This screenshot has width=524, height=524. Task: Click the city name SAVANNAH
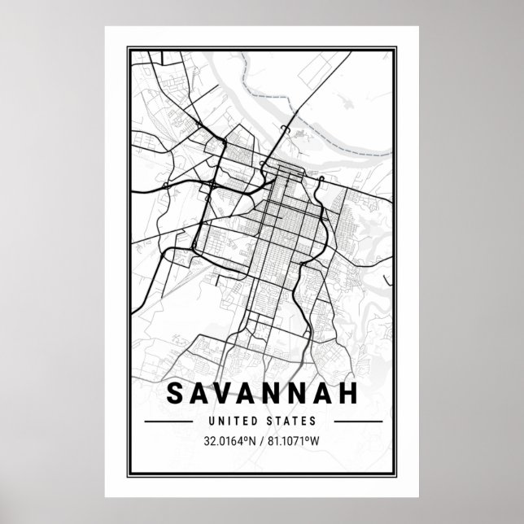pyautogui.click(x=262, y=393)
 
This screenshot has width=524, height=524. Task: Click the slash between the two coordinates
pyautogui.click(x=262, y=442)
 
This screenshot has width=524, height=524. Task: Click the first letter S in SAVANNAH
pyautogui.click(x=174, y=393)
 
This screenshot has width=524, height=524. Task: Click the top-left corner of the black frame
pyautogui.click(x=131, y=48)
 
